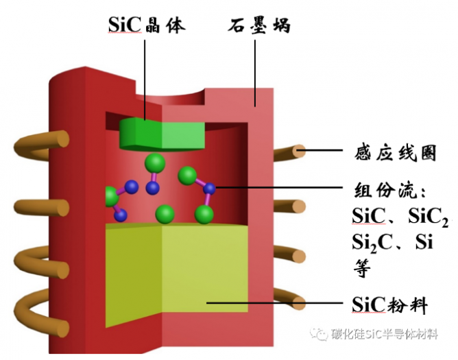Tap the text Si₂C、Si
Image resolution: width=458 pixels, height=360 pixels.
pyautogui.click(x=391, y=242)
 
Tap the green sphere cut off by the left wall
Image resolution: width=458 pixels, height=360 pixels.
pyautogui.click(x=110, y=197)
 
